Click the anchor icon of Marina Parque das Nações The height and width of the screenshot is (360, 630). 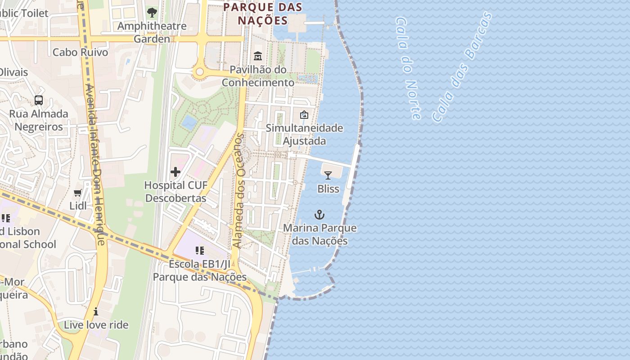(x=319, y=215)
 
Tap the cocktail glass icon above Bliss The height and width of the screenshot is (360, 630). (x=328, y=175)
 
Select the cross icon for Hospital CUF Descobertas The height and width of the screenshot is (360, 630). (x=175, y=172)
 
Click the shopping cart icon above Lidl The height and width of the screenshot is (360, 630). (x=78, y=193)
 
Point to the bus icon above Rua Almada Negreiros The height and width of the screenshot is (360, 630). (x=39, y=100)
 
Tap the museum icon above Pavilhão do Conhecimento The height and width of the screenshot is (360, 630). (x=258, y=56)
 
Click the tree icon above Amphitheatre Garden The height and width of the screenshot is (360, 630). (x=152, y=13)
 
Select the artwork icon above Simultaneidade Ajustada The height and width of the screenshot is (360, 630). (x=304, y=115)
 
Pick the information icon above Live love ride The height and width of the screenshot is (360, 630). (x=96, y=311)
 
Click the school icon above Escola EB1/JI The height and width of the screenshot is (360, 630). (x=200, y=250)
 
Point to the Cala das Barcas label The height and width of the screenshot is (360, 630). (x=462, y=67)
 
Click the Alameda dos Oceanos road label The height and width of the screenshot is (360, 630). (x=238, y=191)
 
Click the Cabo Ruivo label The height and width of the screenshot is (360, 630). (x=81, y=52)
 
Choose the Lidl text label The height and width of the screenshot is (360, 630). (x=78, y=206)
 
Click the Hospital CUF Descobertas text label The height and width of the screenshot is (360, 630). (x=175, y=192)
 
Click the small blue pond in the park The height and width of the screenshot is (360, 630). (x=189, y=121)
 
